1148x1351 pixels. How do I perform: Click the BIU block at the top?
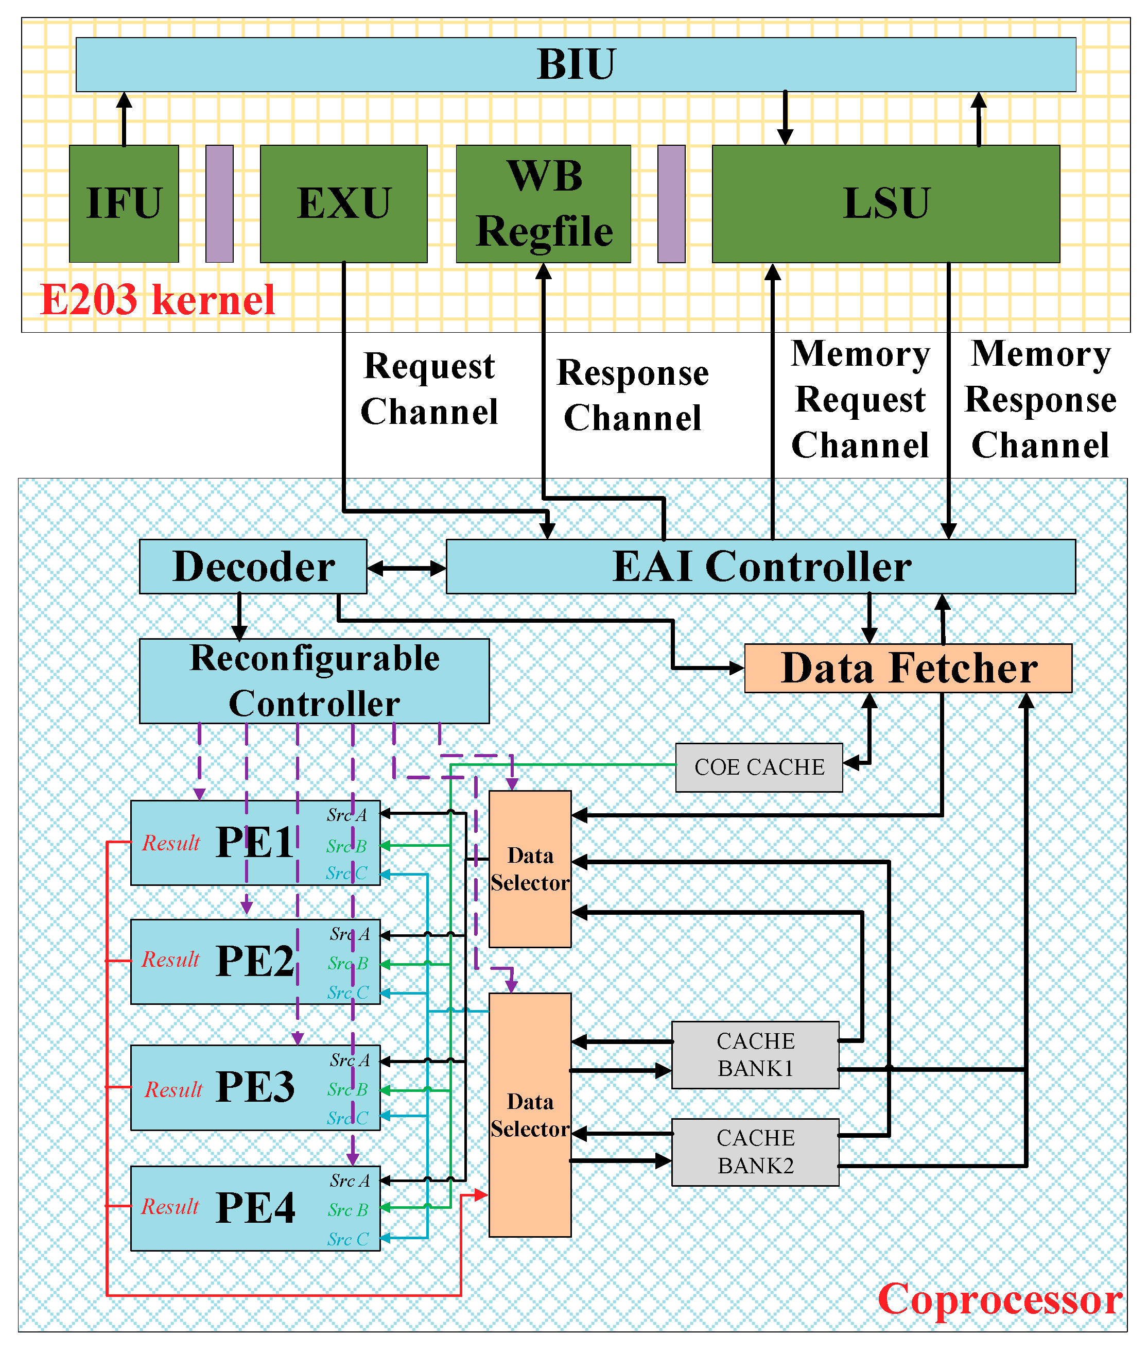(x=576, y=64)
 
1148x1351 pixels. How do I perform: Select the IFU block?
(x=124, y=203)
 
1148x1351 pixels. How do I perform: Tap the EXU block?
(x=343, y=203)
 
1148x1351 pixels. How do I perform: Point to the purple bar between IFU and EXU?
(x=219, y=203)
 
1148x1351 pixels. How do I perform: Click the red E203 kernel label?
(x=158, y=299)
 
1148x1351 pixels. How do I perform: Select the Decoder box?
(x=253, y=566)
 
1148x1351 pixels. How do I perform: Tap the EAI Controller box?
(x=760, y=566)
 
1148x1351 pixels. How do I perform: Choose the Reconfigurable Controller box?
(x=315, y=680)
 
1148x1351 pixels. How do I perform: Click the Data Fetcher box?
(x=908, y=668)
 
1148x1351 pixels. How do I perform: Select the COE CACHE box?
(x=759, y=767)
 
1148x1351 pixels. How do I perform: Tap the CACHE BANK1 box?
(x=755, y=1054)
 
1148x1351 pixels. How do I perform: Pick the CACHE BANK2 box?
(x=755, y=1151)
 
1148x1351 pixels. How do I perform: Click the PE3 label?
(x=255, y=1087)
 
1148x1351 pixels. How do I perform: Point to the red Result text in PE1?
(x=170, y=843)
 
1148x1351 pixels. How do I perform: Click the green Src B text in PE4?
(x=347, y=1210)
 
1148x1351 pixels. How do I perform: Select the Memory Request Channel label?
(x=860, y=399)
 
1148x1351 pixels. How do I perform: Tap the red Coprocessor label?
(x=999, y=1299)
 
